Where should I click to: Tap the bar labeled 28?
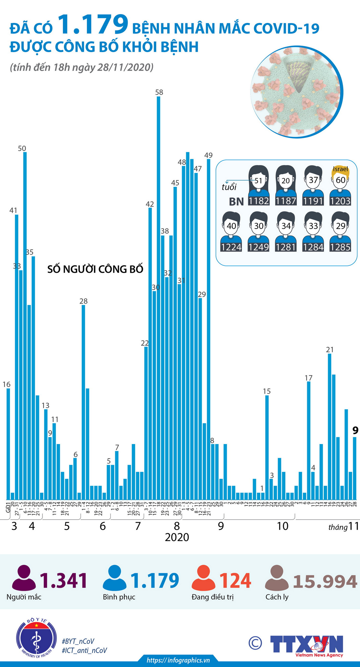tap(83, 402)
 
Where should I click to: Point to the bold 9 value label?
tap(355, 430)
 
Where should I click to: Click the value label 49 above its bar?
tap(208, 155)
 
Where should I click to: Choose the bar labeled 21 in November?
tap(330, 427)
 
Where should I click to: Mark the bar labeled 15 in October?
tap(267, 446)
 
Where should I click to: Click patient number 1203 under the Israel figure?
tap(340, 201)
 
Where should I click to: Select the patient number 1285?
tap(340, 247)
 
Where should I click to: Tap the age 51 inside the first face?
tap(258, 181)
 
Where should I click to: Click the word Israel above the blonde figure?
tap(340, 169)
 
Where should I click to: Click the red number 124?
tap(235, 581)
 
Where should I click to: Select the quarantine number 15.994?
tap(325, 581)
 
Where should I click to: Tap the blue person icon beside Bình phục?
tap(114, 578)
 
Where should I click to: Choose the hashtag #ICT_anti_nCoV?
tap(84, 650)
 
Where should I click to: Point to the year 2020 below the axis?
tap(177, 537)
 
